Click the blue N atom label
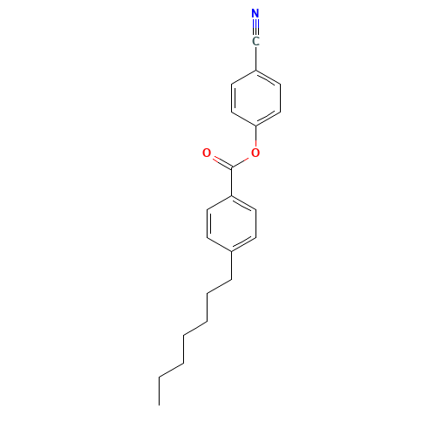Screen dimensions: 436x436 (x=255, y=13)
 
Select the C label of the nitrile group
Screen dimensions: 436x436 (x=255, y=41)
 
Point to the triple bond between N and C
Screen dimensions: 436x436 (x=255, y=27)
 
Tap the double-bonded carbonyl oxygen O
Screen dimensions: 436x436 (x=207, y=153)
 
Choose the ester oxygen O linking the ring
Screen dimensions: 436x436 (x=255, y=153)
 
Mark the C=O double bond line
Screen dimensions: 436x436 (x=222, y=163)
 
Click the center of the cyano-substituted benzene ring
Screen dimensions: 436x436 (x=255, y=99)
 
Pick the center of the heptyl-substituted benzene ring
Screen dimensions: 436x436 (x=231, y=224)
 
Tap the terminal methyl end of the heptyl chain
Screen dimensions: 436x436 (x=159, y=405)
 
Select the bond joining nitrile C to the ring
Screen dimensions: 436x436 (x=255, y=58)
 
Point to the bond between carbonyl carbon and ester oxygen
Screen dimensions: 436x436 (x=240, y=163)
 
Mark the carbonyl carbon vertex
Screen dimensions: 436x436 (x=231, y=168)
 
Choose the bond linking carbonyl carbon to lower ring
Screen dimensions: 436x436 (x=231, y=182)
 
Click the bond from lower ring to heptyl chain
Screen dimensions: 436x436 (x=231, y=266)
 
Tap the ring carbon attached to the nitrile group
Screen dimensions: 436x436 (x=255, y=71)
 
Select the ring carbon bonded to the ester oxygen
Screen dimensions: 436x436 (x=255, y=126)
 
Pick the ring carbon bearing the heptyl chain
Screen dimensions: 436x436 (x=231, y=252)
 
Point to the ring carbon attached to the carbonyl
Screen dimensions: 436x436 (x=231, y=196)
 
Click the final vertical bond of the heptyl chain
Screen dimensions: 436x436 (x=159, y=392)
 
